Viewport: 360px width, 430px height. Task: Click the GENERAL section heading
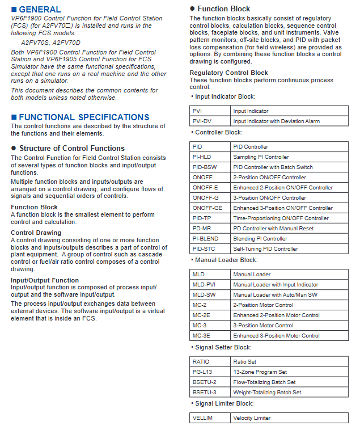click(40, 9)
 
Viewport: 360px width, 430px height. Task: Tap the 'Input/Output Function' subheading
click(45, 280)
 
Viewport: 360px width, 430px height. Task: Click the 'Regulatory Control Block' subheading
click(229, 73)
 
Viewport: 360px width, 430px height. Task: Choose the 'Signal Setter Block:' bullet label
click(223, 347)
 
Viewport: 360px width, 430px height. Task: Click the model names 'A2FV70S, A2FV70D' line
click(51, 43)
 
